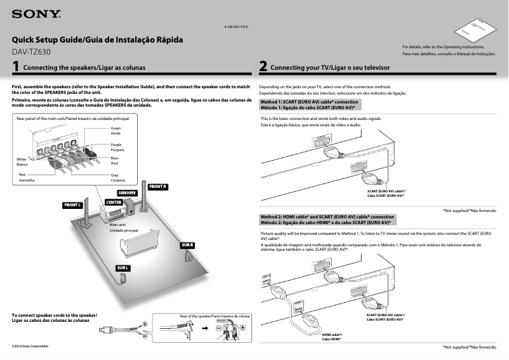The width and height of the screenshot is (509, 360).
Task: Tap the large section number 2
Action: point(263,66)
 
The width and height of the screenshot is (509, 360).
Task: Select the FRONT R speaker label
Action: point(157,187)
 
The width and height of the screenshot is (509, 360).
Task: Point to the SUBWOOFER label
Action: point(127,192)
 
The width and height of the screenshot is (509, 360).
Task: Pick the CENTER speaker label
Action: point(114,202)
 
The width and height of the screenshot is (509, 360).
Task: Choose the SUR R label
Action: point(187,245)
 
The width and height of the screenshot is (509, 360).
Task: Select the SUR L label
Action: point(123,268)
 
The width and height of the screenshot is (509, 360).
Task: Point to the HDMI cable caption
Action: point(332,337)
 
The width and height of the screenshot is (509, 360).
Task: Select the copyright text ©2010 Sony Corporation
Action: point(30,346)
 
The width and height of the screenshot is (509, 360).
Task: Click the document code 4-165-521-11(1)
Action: point(236,27)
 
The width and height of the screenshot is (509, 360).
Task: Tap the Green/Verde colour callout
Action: point(116,131)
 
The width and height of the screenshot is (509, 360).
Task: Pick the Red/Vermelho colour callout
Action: point(26,177)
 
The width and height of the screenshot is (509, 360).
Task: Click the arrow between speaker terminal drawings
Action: point(205,329)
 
